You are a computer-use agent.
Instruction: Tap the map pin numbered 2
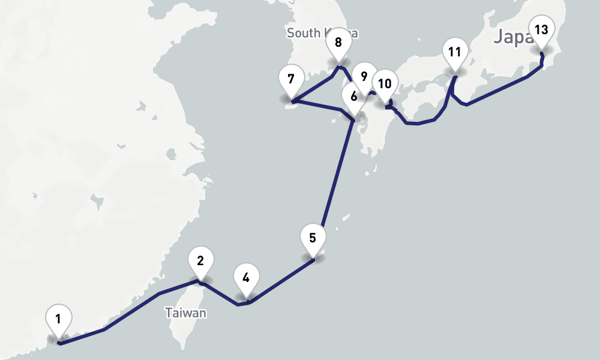200,262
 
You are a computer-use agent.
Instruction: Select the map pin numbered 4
246,279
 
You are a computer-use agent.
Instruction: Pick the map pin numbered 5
313,238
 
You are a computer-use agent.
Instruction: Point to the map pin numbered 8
338,44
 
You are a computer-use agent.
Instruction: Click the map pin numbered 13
541,31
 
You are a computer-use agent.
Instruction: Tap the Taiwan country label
186,313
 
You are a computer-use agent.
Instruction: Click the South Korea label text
306,32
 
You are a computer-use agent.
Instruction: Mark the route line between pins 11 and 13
498,91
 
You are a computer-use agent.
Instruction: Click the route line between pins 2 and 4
221,295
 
